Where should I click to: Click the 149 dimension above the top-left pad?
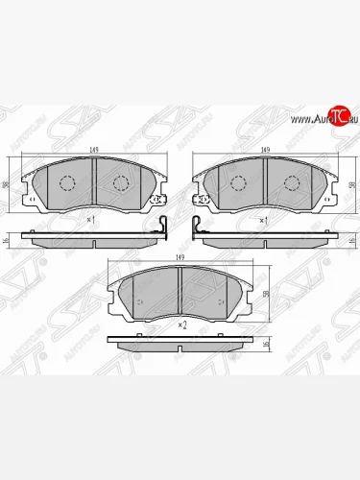point(95,149)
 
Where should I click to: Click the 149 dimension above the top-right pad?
point(263,149)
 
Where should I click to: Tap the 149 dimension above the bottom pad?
point(180,257)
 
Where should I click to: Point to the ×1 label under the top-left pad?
point(91,220)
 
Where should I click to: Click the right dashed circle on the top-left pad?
point(122,183)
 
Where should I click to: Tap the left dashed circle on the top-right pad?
point(237,183)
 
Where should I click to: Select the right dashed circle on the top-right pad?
point(290,183)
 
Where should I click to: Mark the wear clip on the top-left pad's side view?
point(162,230)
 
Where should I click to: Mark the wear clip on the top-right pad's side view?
point(199,230)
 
